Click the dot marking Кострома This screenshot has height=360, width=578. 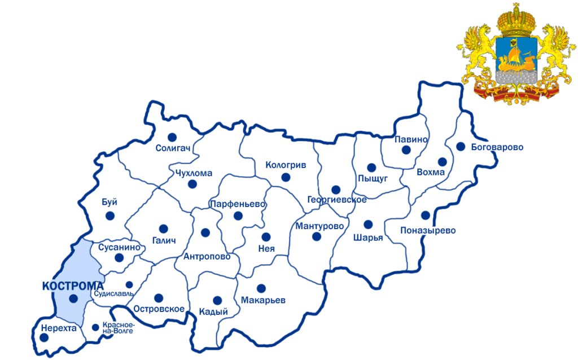point(73,299)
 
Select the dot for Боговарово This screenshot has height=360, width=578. point(461,147)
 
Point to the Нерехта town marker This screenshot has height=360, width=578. point(44,337)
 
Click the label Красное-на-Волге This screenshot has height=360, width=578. point(118,328)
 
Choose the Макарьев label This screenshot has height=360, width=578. point(263,300)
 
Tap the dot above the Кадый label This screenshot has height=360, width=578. point(217,300)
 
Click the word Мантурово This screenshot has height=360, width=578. point(319,226)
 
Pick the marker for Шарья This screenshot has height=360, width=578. point(368,225)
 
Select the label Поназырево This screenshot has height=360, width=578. point(427,230)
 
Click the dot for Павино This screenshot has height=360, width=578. point(406,150)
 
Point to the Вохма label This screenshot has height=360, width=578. point(431,172)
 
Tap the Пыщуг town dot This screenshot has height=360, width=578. point(371,168)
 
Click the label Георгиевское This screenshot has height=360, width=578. point(337,200)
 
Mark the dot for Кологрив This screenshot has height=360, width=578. point(286,177)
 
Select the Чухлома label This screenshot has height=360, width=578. point(194,173)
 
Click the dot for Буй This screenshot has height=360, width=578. point(110,215)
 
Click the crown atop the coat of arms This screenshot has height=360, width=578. point(515,20)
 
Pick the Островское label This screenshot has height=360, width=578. point(159,309)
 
